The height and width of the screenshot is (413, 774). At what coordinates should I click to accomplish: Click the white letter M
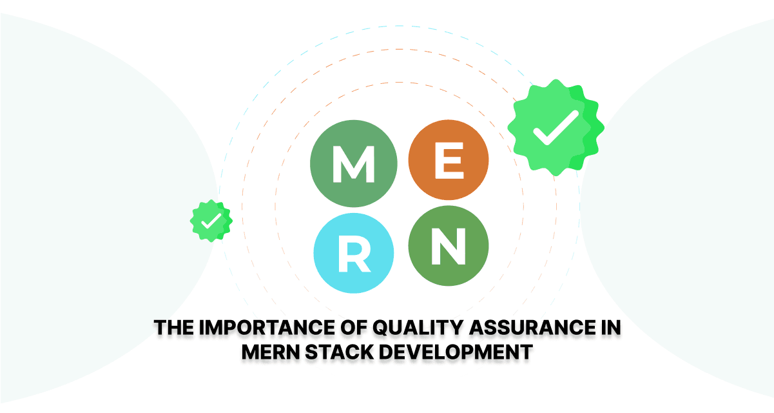click(353, 164)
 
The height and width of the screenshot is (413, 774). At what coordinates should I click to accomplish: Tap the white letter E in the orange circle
click(449, 161)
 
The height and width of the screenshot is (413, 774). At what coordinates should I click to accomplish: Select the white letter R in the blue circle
click(354, 254)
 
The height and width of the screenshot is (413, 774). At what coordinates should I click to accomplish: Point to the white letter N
click(449, 247)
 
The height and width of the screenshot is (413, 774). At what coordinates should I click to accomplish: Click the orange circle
click(449, 160)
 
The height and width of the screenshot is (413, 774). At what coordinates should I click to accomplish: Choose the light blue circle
click(353, 253)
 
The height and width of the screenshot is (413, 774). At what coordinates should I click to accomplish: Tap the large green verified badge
click(556, 127)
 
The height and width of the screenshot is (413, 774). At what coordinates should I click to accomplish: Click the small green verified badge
click(211, 221)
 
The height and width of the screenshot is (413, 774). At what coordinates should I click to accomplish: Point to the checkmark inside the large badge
click(556, 127)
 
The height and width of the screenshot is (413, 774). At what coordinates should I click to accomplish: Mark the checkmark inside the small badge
click(211, 221)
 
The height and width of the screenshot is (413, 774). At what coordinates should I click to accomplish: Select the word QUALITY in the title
click(418, 327)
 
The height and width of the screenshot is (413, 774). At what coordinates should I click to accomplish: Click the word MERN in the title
click(270, 352)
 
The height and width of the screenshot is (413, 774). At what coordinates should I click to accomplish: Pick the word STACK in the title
click(340, 352)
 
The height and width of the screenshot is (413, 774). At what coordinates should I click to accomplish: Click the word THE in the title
click(174, 327)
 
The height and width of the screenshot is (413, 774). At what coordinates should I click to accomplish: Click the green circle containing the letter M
click(353, 164)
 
